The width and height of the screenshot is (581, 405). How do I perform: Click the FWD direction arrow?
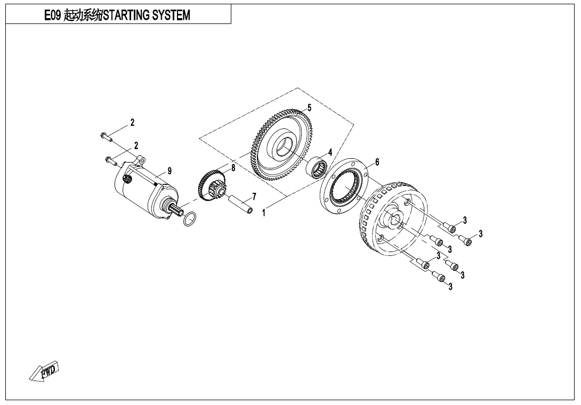pyautogui.click(x=45, y=371)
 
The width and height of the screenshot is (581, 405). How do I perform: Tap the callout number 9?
pyautogui.click(x=170, y=171)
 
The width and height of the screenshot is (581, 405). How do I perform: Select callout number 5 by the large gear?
pyautogui.click(x=310, y=108)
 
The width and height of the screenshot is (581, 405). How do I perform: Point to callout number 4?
pyautogui.click(x=330, y=152)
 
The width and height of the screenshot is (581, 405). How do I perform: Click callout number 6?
pyautogui.click(x=377, y=162)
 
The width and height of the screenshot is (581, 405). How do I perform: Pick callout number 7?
pyautogui.click(x=254, y=197)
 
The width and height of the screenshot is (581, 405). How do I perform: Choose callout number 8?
pyautogui.click(x=233, y=168)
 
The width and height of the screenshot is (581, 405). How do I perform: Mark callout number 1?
pyautogui.click(x=264, y=214)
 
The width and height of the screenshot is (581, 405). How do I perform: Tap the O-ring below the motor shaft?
pyautogui.click(x=189, y=218)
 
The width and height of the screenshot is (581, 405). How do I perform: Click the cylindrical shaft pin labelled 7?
pyautogui.click(x=241, y=205)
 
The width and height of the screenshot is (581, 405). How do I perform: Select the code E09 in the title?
pyautogui.click(x=53, y=15)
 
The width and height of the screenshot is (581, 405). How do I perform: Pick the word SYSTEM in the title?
pyautogui.click(x=171, y=15)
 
